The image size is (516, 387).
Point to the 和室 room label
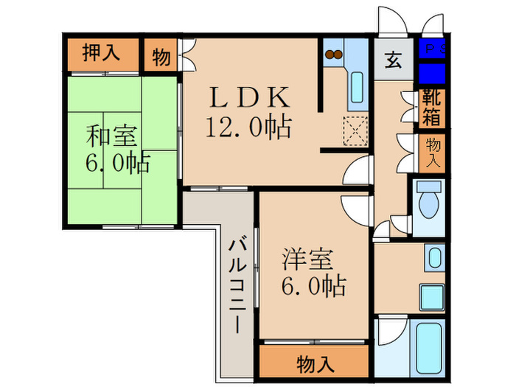tap(111, 137)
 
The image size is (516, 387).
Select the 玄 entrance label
tap(394, 60)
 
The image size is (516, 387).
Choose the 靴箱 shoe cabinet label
tap(432, 108)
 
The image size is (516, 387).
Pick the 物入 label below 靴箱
tap(433, 153)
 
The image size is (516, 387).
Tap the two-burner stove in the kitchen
tap(333, 54)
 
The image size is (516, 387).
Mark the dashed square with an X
tap(357, 133)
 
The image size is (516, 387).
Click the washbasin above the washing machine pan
tap(435, 258)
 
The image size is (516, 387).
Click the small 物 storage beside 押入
tap(160, 56)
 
